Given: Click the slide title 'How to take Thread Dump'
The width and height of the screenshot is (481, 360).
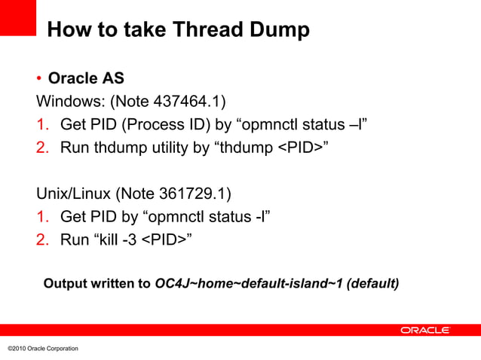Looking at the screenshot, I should [178, 30].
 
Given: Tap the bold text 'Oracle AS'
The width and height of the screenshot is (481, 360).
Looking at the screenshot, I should [86, 78].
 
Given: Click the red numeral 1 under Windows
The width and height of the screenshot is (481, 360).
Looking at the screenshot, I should [42, 124].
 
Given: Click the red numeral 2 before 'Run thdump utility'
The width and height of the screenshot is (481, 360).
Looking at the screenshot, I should [42, 146].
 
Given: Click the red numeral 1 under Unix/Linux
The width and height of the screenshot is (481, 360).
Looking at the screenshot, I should [42, 217].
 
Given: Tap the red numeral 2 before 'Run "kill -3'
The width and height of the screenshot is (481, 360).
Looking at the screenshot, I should [42, 240].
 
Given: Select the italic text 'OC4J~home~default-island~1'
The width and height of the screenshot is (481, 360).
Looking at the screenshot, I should [249, 284].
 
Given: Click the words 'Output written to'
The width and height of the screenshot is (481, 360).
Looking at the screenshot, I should [97, 284].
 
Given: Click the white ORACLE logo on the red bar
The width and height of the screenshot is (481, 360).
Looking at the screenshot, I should [424, 330].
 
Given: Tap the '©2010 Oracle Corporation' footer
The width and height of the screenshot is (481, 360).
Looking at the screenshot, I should [42, 348].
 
